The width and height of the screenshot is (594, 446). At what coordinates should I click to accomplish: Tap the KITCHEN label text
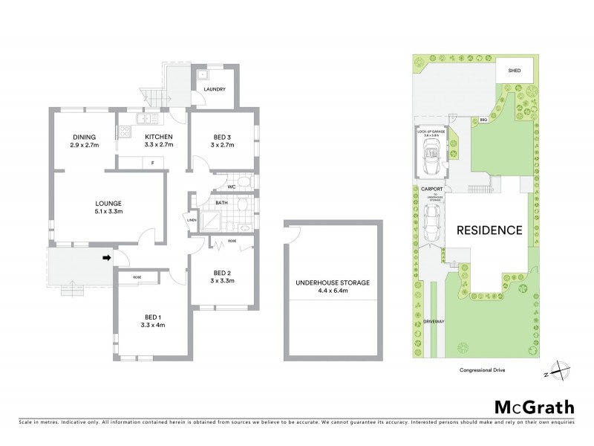158,137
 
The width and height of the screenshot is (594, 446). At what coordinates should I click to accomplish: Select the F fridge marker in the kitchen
152,162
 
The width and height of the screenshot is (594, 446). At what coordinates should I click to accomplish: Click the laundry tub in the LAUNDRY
203,74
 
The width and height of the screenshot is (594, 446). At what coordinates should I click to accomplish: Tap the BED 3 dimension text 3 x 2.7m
223,146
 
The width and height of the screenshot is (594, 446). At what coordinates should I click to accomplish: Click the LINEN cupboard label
192,220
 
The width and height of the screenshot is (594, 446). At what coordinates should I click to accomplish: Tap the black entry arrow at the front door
106,258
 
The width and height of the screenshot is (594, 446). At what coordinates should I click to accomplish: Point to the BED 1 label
153,317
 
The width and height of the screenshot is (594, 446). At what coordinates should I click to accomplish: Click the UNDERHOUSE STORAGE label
333,283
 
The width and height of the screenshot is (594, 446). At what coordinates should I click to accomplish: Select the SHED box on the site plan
514,71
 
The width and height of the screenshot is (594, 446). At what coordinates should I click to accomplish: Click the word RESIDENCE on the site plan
489,230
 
